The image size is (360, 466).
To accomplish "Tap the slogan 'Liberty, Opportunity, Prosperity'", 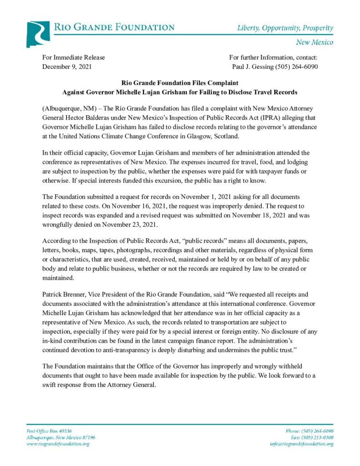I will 285,28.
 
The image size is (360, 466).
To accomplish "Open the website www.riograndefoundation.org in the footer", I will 58,444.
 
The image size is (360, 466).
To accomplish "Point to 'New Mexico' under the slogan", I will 314,42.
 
